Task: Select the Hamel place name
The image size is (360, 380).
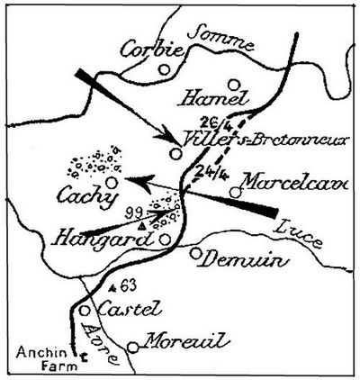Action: pos(205,96)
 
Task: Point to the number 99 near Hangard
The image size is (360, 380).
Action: pos(135,209)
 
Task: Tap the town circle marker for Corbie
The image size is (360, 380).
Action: pos(164,68)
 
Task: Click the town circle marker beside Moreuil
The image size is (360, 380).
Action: pos(134,347)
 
